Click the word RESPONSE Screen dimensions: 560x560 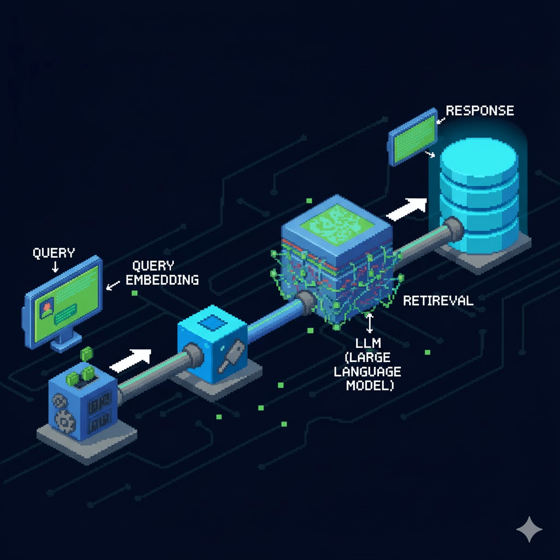(x=480, y=110)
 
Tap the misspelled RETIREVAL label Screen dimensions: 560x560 (x=437, y=300)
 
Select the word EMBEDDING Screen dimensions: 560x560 (x=162, y=280)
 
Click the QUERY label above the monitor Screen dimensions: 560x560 (x=54, y=253)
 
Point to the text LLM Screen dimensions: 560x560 (x=369, y=344)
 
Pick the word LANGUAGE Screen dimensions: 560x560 (x=368, y=372)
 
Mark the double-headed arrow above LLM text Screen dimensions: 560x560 (x=370, y=323)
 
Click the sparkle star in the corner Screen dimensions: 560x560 (x=529, y=529)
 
